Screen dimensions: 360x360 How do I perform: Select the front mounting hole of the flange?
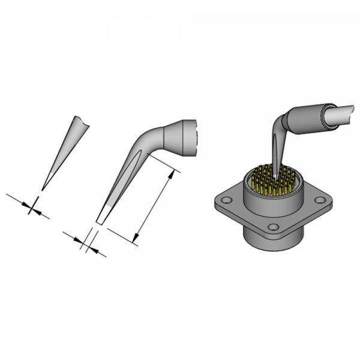tap(273, 227)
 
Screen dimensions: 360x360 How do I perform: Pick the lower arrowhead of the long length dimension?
tap(137, 239)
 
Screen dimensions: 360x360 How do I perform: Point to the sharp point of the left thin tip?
tap(43, 189)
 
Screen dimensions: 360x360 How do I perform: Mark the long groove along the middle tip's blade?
tap(123, 180)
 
